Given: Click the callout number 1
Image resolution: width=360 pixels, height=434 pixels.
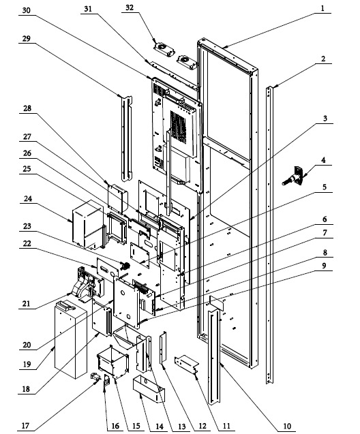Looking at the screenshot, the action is pos(322,9).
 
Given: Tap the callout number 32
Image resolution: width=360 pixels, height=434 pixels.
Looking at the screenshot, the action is pos(130,7).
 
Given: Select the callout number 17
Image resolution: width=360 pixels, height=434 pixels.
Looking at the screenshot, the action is pos(25,425).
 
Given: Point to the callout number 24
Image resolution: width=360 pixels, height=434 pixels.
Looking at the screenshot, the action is pos(28,199).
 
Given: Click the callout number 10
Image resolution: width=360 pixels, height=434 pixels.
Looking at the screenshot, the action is pos(287,427).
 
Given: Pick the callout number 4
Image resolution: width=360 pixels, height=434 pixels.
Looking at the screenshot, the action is pos(323,160).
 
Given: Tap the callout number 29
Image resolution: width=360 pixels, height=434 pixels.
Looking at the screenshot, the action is pos(26,38).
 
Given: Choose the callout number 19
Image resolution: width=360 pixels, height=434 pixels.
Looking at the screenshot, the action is pos(27,365).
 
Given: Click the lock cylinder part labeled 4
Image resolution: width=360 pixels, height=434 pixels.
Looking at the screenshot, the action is pos(292,176).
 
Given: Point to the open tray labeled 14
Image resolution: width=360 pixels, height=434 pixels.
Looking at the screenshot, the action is pos(149,388).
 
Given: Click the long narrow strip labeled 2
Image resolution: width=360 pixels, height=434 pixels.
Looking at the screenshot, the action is pos(269,234).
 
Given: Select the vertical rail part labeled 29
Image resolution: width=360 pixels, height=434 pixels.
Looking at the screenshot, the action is pos(127,138).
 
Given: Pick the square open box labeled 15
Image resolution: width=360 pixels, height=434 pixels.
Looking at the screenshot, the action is pos(113,362).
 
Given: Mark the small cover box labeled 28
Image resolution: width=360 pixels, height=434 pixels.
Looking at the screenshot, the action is pos(118,199).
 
